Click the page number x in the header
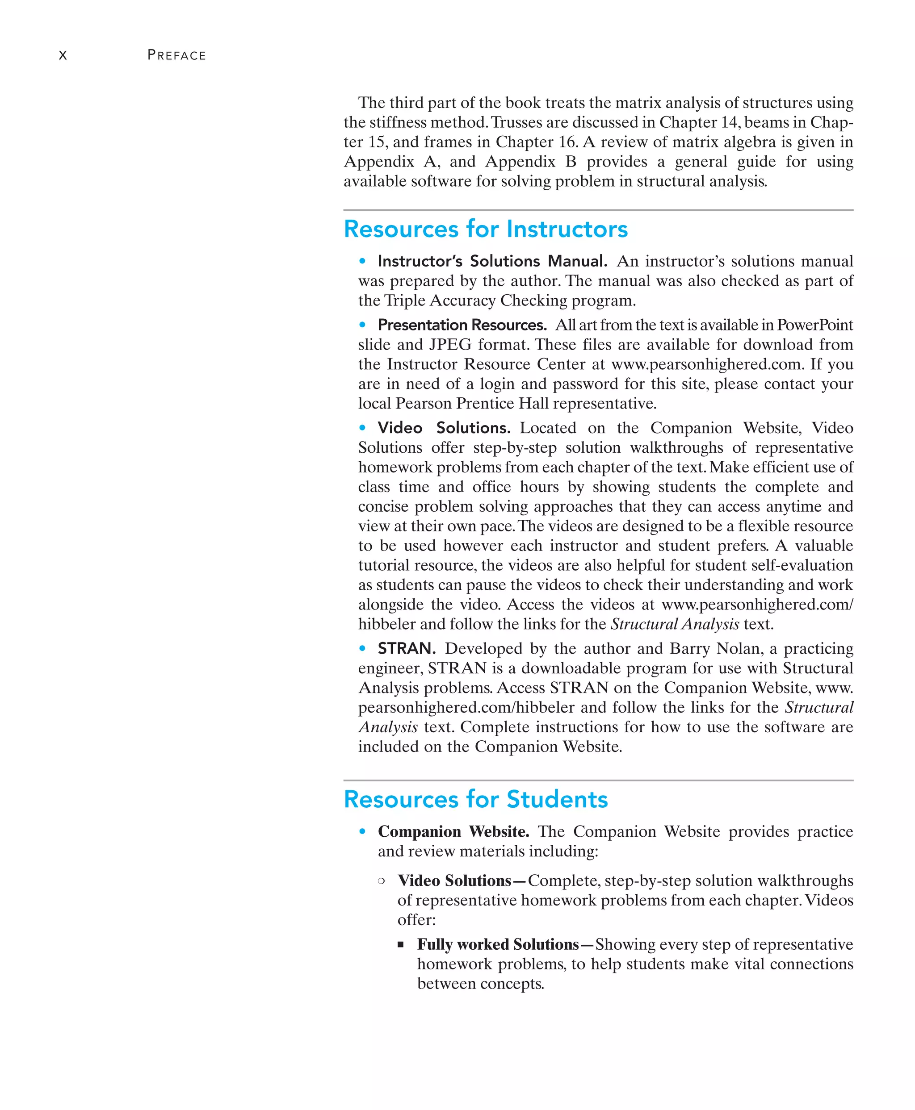(63, 55)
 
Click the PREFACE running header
(176, 55)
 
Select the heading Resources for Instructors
(486, 229)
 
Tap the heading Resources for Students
(475, 799)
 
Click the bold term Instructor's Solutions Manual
(492, 261)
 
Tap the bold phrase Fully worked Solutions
(498, 945)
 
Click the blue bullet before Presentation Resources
(362, 325)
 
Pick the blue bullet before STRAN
(362, 648)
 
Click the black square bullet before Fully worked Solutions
(401, 945)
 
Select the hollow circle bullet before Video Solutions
(381, 881)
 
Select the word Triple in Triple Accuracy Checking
(405, 301)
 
